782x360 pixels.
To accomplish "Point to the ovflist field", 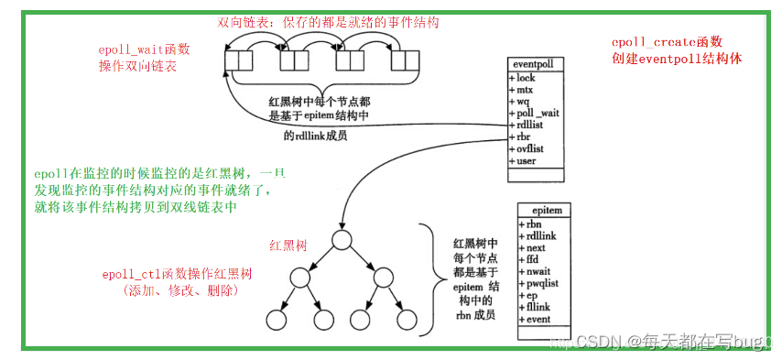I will [x=533, y=149].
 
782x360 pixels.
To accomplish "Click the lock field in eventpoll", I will [x=529, y=79].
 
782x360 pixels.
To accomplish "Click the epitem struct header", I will [x=546, y=211].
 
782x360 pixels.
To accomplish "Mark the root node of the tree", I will [x=342, y=241].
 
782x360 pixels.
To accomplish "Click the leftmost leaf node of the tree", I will [x=276, y=320].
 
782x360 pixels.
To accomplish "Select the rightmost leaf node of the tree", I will [x=406, y=320].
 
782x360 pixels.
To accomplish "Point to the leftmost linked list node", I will [x=238, y=61].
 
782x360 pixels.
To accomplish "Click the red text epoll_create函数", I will [x=667, y=42].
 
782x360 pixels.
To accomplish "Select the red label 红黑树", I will [x=287, y=245].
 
